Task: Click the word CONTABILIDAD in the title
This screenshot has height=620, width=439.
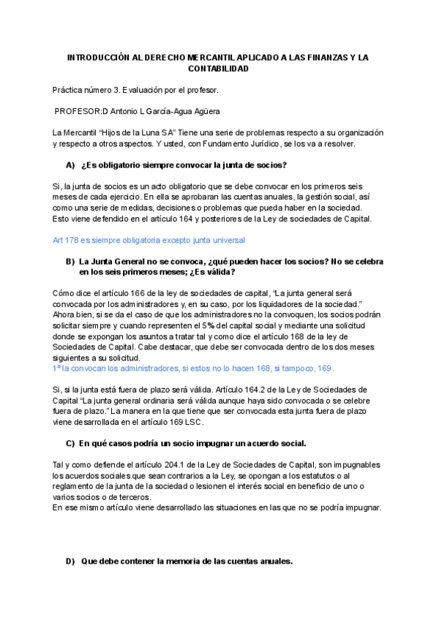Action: [219, 69]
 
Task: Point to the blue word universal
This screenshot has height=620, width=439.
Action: [227, 240]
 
